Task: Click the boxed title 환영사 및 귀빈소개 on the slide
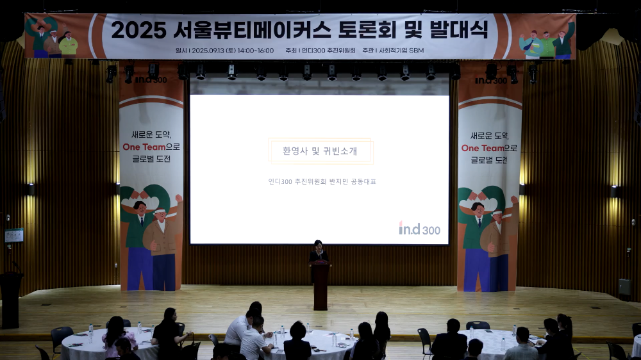point(320,151)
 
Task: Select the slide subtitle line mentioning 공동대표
point(322,181)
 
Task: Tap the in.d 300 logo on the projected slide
point(419,229)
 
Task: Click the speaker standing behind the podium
point(319,252)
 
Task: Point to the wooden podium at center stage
point(320,285)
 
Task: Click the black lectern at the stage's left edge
point(10,298)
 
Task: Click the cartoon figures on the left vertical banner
point(151,234)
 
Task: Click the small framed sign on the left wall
point(14,235)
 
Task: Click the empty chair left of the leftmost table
point(60,336)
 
